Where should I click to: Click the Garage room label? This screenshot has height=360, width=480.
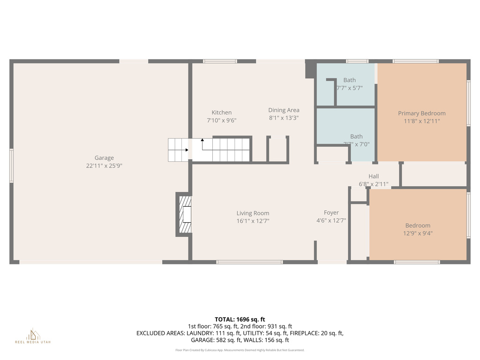pos(104,158)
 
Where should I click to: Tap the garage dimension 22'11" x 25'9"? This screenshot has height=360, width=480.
pos(104,166)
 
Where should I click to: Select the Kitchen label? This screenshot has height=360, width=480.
pos(221,112)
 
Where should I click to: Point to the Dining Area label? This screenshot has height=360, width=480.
pos(284,110)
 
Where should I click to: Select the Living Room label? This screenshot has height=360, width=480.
pos(253,213)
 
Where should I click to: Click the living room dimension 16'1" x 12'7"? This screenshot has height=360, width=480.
pos(253,221)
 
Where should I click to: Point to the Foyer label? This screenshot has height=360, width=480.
pos(331,213)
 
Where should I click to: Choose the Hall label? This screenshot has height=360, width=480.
pos(374,176)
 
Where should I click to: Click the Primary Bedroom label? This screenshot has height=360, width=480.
pos(421,113)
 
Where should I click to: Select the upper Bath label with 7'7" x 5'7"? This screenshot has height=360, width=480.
pos(349,80)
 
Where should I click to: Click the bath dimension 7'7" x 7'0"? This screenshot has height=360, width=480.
pos(356,144)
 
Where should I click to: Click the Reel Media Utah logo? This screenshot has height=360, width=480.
pos(33,336)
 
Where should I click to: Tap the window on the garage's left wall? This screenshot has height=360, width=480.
pos(12,165)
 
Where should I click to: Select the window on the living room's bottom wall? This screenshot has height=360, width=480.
pos(249,262)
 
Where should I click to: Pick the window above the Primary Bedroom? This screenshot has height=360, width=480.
pos(415,61)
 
